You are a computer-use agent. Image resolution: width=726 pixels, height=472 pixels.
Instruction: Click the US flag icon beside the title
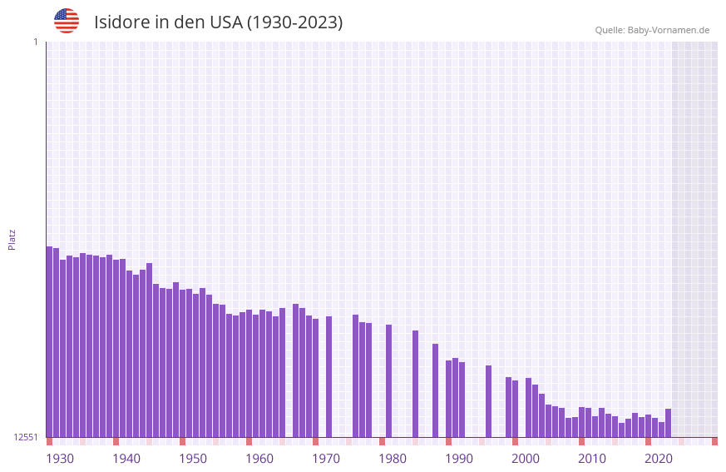tap(67, 21)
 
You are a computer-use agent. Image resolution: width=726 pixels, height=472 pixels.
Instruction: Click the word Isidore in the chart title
tap(121, 22)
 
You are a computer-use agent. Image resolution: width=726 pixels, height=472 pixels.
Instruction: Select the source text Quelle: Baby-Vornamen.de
tap(651, 30)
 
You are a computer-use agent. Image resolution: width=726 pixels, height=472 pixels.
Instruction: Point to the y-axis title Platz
tap(12, 239)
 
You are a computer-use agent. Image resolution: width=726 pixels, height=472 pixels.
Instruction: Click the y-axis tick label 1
tap(35, 42)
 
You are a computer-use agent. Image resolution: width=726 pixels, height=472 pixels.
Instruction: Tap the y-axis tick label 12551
tap(26, 437)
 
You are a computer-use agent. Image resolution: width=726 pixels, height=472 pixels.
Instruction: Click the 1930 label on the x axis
tap(60, 459)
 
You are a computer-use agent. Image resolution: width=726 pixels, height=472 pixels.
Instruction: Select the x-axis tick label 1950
tap(193, 459)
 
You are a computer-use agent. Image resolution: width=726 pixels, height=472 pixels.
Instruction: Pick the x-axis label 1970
tap(326, 459)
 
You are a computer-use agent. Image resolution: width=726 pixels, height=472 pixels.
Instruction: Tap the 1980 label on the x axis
tap(393, 459)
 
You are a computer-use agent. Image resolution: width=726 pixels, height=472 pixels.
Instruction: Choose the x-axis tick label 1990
tap(459, 459)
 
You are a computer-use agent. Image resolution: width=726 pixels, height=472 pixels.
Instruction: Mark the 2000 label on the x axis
tap(526, 459)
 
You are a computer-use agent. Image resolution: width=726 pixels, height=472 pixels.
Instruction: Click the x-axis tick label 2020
tap(659, 459)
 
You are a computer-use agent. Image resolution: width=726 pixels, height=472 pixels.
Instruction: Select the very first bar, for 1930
tap(49, 341)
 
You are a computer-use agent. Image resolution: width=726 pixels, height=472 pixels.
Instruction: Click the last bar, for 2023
tap(668, 423)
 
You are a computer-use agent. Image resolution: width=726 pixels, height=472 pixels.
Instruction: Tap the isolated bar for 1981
tap(388, 380)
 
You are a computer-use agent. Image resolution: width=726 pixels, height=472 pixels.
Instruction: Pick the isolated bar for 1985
tap(415, 384)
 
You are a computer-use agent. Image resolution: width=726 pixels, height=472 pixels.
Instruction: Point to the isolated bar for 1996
tap(488, 401)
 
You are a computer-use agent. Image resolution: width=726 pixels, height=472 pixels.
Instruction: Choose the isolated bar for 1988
tap(435, 390)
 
